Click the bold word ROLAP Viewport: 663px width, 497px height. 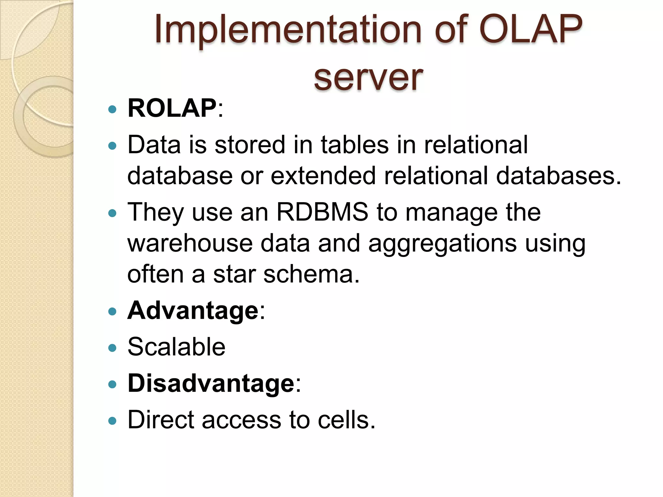coord(172,108)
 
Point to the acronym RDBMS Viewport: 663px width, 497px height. coord(322,212)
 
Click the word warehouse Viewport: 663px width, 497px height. coord(190,243)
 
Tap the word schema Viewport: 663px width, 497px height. coord(311,274)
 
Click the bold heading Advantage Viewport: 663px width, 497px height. coord(193,311)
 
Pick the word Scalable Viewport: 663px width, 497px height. coord(176,347)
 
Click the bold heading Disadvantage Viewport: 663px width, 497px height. coord(211,383)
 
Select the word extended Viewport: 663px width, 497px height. coord(323,176)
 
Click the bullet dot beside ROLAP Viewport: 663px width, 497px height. coord(112,110)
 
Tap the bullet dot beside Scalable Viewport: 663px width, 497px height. coord(112,348)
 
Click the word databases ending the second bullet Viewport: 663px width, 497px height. coord(557,176)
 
